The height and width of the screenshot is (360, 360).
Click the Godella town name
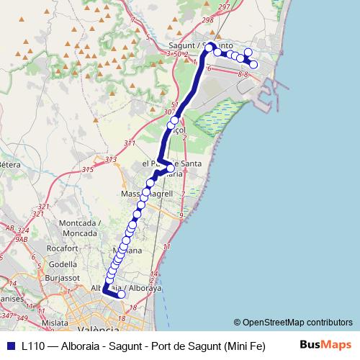coord(63,264)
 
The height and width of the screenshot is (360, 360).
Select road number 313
coord(110,159)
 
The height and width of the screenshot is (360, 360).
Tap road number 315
coord(88,170)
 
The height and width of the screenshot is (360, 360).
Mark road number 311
coord(130,144)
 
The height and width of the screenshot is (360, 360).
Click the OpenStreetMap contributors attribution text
coord(297,323)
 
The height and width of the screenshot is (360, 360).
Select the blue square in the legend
coord(10,346)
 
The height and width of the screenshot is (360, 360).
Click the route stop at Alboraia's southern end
coord(122,294)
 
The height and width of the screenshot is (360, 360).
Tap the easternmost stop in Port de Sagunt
coord(253,65)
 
